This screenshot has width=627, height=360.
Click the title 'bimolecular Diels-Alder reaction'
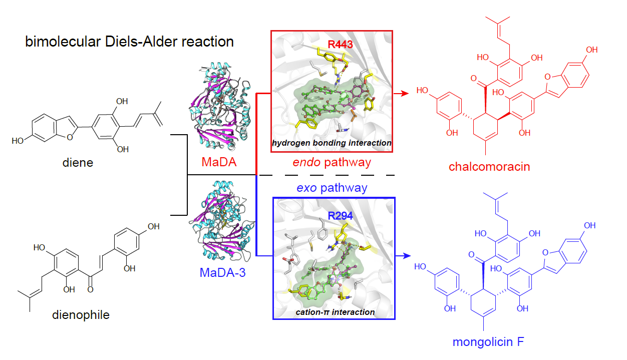coord(130,42)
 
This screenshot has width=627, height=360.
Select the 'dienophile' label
coord(81,315)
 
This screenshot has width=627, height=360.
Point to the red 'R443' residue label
coord(341,44)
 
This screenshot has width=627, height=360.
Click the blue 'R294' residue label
coord(341,216)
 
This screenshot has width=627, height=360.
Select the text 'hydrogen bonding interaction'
coord(332,143)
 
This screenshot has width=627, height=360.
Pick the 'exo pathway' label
coord(332,188)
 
